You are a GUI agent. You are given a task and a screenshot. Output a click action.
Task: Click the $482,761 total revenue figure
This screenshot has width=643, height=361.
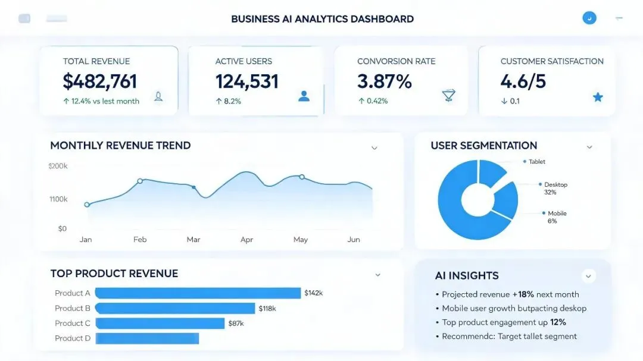click(99, 81)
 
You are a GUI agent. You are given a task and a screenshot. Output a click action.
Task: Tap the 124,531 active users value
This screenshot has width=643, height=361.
click(247, 81)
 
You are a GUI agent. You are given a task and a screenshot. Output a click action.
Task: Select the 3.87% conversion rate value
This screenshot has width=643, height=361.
click(384, 81)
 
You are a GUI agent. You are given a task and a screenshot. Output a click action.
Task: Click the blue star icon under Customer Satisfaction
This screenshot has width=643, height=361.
click(598, 97)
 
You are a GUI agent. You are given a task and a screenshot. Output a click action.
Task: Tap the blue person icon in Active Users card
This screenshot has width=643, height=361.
click(304, 96)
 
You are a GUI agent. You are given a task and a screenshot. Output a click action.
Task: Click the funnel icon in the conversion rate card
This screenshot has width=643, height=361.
click(449, 95)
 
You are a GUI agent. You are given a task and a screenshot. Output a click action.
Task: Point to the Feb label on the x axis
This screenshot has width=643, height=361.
click(140, 239)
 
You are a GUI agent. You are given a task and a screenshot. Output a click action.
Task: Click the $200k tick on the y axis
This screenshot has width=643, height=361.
click(58, 166)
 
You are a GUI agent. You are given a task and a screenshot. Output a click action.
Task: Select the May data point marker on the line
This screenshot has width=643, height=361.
click(302, 177)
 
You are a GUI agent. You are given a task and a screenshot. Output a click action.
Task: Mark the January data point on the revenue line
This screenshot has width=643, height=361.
click(87, 205)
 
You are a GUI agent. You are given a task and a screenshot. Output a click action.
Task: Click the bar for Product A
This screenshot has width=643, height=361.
click(198, 293)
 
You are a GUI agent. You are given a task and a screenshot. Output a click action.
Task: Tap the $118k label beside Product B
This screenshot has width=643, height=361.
click(267, 309)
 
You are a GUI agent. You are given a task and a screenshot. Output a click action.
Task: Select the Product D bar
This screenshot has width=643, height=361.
click(147, 338)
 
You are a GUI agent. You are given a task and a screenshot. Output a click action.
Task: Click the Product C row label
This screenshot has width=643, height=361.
click(73, 324)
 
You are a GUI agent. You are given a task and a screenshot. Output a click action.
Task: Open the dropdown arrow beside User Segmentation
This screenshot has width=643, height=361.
click(589, 147)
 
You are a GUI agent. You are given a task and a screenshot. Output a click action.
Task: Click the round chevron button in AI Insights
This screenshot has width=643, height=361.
click(588, 276)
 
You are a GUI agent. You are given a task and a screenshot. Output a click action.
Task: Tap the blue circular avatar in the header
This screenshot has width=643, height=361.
click(589, 18)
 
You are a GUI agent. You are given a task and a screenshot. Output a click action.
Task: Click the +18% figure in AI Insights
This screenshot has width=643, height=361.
click(523, 294)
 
